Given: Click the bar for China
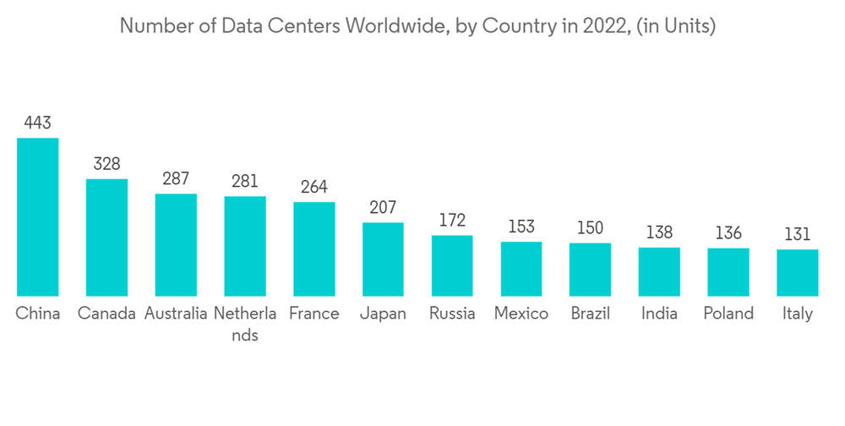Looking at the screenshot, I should click(38, 216).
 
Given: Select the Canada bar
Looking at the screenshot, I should click(106, 237).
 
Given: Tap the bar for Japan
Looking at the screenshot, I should click(383, 259).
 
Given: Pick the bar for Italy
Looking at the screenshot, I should click(797, 272).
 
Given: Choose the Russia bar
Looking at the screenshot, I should click(452, 265).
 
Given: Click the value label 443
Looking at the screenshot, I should click(38, 123).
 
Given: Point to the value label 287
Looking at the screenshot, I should click(176, 179).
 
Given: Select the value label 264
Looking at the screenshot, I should click(313, 187).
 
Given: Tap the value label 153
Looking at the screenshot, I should click(521, 227).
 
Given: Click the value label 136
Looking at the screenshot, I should click(728, 232).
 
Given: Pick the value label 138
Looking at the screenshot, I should click(659, 232).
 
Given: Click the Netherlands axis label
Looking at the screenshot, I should click(245, 324).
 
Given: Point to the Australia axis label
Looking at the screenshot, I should click(176, 314).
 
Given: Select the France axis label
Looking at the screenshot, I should click(313, 314).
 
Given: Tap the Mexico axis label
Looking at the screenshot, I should click(521, 314).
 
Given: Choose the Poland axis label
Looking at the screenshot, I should click(728, 314).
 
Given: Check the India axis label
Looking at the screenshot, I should click(659, 314).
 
